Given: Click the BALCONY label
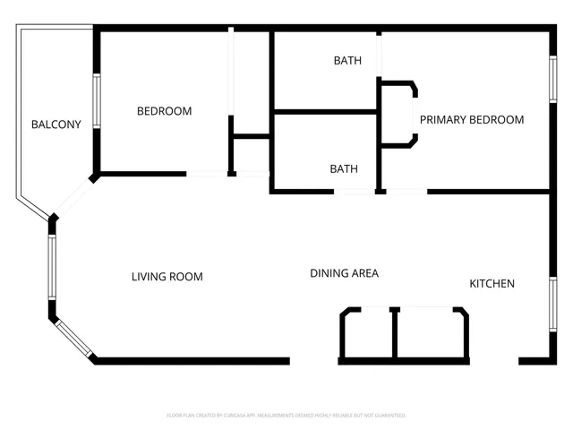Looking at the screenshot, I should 56,125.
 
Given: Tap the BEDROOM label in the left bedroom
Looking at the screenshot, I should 164,111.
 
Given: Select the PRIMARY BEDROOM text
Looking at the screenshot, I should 472,120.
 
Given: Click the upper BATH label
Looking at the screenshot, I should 347,61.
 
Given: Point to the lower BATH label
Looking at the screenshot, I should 344,168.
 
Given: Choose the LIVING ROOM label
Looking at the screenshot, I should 167,277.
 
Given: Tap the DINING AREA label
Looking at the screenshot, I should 345,273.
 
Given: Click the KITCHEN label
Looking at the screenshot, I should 492,284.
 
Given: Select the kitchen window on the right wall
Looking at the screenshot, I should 552,305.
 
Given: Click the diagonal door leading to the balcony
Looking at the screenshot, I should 75,197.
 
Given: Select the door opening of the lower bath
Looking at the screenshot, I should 355,192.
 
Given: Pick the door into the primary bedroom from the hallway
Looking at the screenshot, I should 406,192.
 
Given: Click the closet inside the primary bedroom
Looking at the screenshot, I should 398,114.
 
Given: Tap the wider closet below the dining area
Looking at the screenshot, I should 431,333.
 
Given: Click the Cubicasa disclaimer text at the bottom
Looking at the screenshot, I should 286,416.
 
